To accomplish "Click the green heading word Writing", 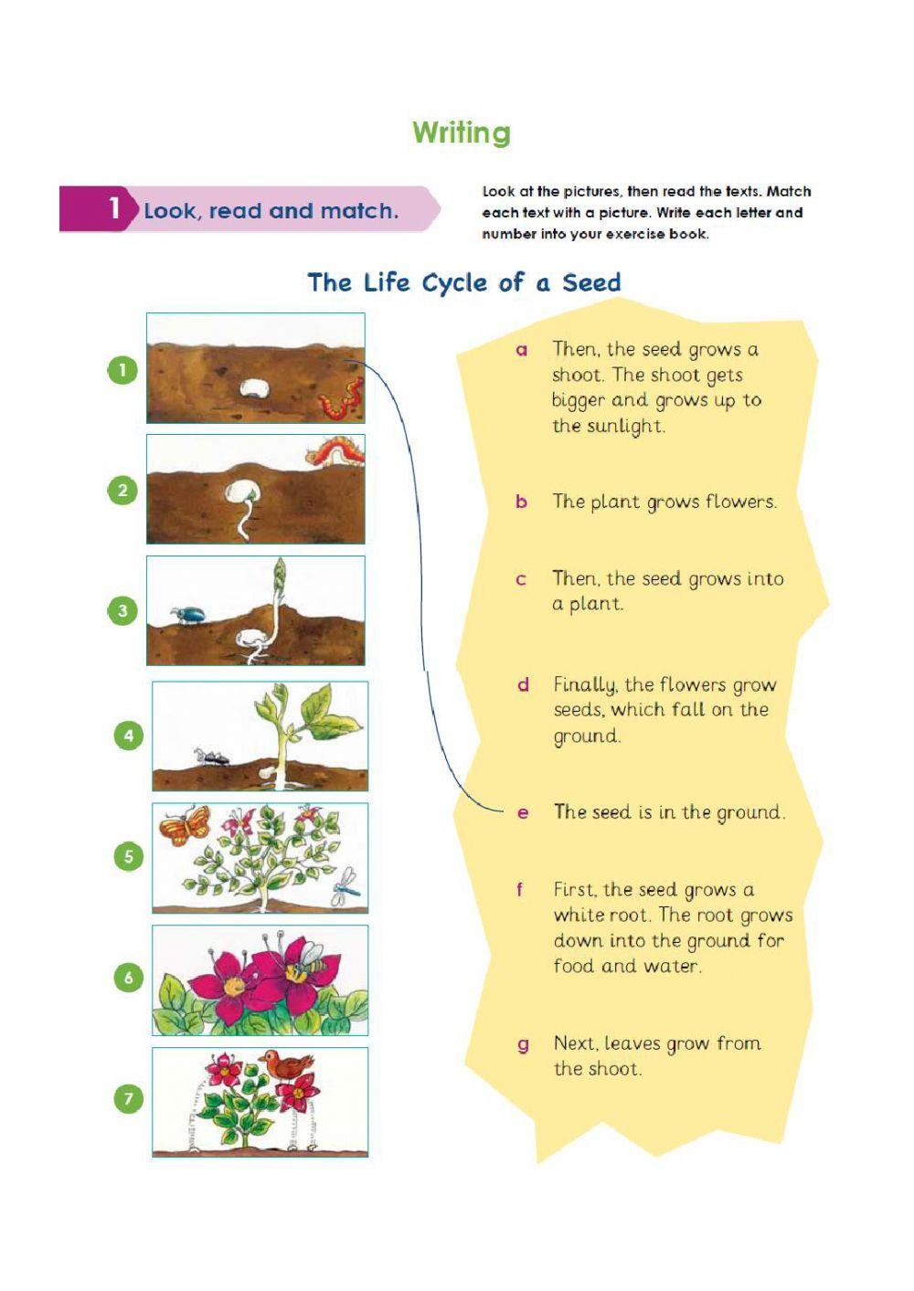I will click(462, 132).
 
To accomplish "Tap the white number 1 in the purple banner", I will click(114, 208).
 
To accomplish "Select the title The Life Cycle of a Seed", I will click(464, 282).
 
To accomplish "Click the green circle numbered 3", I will click(122, 610).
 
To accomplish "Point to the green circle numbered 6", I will click(129, 978).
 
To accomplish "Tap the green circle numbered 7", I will click(129, 1098).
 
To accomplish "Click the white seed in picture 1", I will click(254, 390).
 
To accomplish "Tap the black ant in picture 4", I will click(211, 757).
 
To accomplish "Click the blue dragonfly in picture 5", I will click(346, 885).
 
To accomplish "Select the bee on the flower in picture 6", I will click(311, 957).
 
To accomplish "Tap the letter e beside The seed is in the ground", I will click(523, 812).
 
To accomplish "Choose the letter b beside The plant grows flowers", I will click(521, 502).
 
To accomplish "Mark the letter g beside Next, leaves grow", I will click(523, 1044).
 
